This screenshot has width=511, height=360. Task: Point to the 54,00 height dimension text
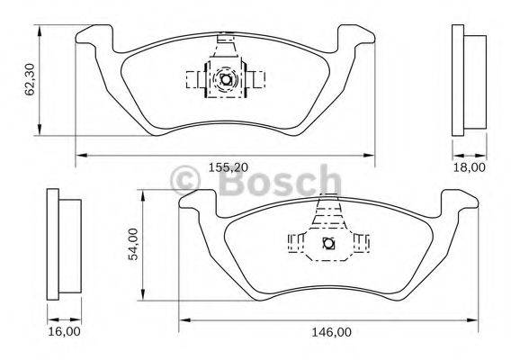click(x=133, y=244)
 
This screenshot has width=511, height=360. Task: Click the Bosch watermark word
click(x=276, y=184)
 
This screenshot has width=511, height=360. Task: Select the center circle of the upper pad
click(x=226, y=80)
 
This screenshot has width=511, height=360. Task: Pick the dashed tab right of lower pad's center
click(x=361, y=242)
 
